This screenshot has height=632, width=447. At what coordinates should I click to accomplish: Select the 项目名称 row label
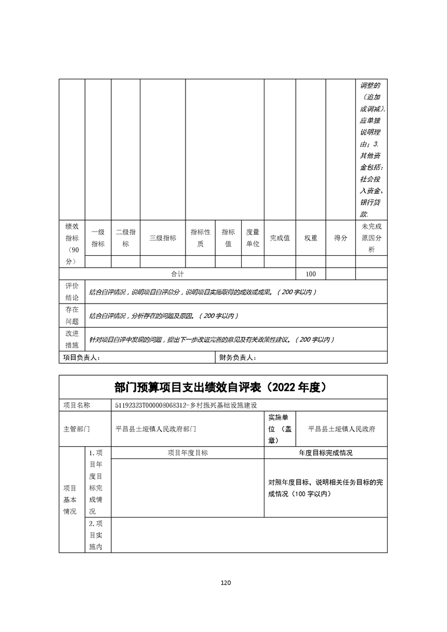tap(76, 405)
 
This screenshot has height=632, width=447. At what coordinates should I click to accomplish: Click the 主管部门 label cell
tap(76, 429)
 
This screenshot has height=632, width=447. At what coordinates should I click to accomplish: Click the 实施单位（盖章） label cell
tap(280, 429)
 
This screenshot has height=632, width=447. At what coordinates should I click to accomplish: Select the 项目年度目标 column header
tap(188, 452)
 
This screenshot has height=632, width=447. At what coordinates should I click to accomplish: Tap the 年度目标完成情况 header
tap(326, 452)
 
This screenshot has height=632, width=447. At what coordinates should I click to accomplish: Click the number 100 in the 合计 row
tap(311, 274)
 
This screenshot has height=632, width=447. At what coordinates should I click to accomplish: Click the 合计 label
tap(178, 274)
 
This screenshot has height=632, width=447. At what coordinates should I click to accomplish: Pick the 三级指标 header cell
tap(162, 238)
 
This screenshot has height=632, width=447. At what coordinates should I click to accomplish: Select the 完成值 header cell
tap(280, 238)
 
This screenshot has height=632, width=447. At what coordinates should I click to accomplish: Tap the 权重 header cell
tap(311, 238)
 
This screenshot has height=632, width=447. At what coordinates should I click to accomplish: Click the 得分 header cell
tap(340, 238)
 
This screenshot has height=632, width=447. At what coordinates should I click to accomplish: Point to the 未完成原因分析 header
tap(371, 238)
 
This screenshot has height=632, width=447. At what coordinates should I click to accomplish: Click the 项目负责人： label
tap(81, 358)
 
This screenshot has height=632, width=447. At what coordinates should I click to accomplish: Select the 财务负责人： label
tap(237, 358)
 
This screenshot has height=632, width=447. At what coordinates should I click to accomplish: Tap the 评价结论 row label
tap(72, 291)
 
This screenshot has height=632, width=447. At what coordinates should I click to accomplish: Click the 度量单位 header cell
tap(253, 238)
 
